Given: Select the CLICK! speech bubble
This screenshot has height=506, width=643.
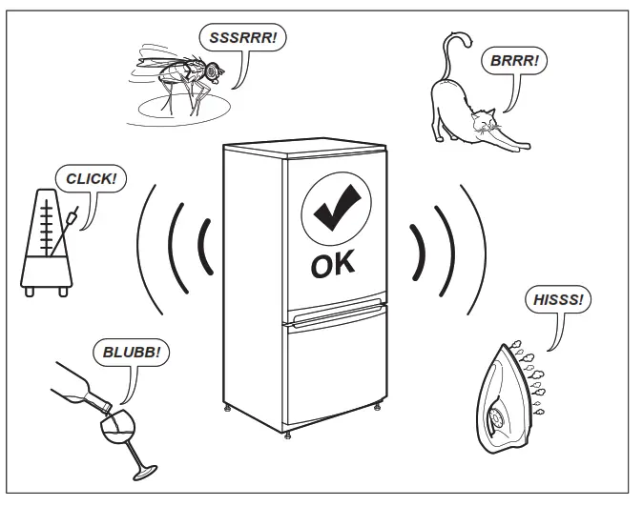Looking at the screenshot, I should point(91,177).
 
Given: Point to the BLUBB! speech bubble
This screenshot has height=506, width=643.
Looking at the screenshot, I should point(135,352).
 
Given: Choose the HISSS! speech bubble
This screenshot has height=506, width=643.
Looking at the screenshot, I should point(557,300).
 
